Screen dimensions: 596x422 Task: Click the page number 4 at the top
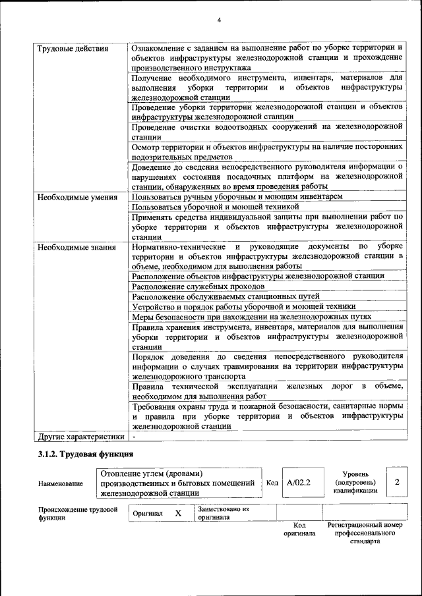coord(219,19)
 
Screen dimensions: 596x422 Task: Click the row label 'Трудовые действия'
coord(73,49)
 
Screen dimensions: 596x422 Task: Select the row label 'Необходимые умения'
coord(77,197)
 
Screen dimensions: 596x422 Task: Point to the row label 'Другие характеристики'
coord(80,436)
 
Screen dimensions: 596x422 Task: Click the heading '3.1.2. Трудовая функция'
coord(86,454)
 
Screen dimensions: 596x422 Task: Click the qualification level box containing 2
coord(396,483)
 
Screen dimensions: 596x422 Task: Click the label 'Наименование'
coord(61,484)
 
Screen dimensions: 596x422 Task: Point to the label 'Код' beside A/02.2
coord(272,483)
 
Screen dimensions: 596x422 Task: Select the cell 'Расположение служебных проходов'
coord(198,286)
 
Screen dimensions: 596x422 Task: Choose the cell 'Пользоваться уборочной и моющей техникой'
coord(216,207)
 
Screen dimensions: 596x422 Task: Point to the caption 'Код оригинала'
coord(299,529)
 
